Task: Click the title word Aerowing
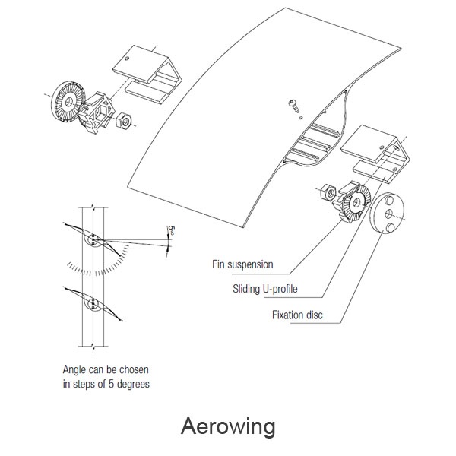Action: (x=228, y=426)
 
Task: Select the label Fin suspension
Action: (x=242, y=265)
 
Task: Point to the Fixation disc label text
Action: (x=297, y=313)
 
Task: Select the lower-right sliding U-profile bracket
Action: (x=377, y=156)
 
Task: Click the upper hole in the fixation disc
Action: (x=394, y=202)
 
